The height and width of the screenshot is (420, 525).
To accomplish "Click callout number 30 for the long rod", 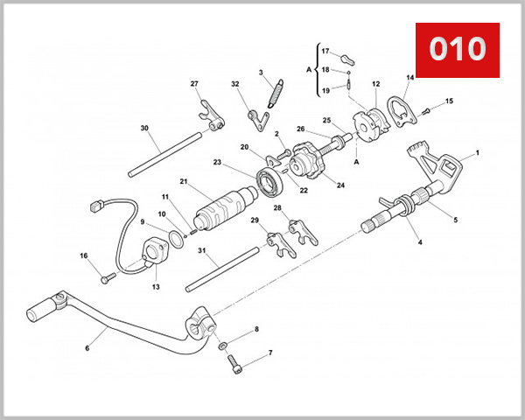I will pyautogui.click(x=144, y=128).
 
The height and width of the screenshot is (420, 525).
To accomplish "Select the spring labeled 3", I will pyautogui.click(x=275, y=93).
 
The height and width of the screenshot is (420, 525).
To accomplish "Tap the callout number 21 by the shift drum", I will pyautogui.click(x=185, y=182).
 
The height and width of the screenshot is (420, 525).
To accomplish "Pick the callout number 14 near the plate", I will pyautogui.click(x=409, y=78).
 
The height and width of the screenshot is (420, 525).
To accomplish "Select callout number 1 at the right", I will pyautogui.click(x=478, y=153).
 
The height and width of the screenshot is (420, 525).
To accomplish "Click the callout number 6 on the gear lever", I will pyautogui.click(x=87, y=347).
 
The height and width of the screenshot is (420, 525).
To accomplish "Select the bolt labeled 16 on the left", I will pyautogui.click(x=108, y=278).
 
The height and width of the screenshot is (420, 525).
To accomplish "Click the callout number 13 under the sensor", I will pyautogui.click(x=156, y=286).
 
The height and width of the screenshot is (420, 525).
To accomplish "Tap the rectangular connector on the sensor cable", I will pyautogui.click(x=98, y=208).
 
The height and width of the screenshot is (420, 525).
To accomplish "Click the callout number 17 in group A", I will pyautogui.click(x=324, y=52).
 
